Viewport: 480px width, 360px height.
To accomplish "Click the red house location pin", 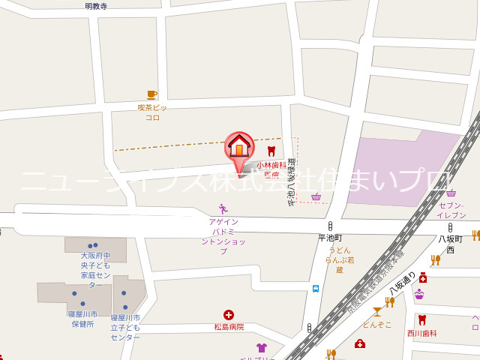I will pyautogui.click(x=239, y=148).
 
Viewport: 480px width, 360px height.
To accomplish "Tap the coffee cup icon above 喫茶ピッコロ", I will pyautogui.click(x=152, y=94).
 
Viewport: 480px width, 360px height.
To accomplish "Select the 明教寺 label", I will pyautogui.click(x=96, y=6).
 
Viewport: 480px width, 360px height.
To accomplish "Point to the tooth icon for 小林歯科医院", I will pyautogui.click(x=271, y=151).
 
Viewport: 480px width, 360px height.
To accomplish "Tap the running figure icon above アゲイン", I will pyautogui.click(x=223, y=209).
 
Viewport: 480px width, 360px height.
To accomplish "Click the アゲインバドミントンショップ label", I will pyautogui.click(x=223, y=236).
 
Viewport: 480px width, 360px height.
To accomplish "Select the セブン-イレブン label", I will pyautogui.click(x=451, y=210).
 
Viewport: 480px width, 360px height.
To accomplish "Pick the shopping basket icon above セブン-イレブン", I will pyautogui.click(x=451, y=193).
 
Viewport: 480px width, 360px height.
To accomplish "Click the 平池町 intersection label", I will pyautogui.click(x=329, y=238).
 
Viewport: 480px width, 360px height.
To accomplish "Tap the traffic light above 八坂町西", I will pyautogui.click(x=450, y=227).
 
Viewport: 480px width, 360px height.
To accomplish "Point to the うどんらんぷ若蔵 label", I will pyautogui.click(x=339, y=259).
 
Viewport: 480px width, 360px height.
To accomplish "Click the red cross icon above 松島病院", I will pyautogui.click(x=229, y=316).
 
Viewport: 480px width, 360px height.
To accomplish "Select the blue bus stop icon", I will pyautogui.click(x=316, y=288).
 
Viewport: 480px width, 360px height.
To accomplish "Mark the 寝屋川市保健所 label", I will pyautogui.click(x=82, y=319).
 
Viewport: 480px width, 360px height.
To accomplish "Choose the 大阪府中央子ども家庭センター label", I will pyautogui.click(x=95, y=270).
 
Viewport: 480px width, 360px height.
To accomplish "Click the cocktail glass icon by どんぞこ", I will pyautogui.click(x=376, y=311).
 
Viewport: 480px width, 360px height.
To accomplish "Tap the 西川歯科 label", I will pyautogui.click(x=421, y=333).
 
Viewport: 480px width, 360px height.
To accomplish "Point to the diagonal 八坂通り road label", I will pyautogui.click(x=402, y=283).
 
